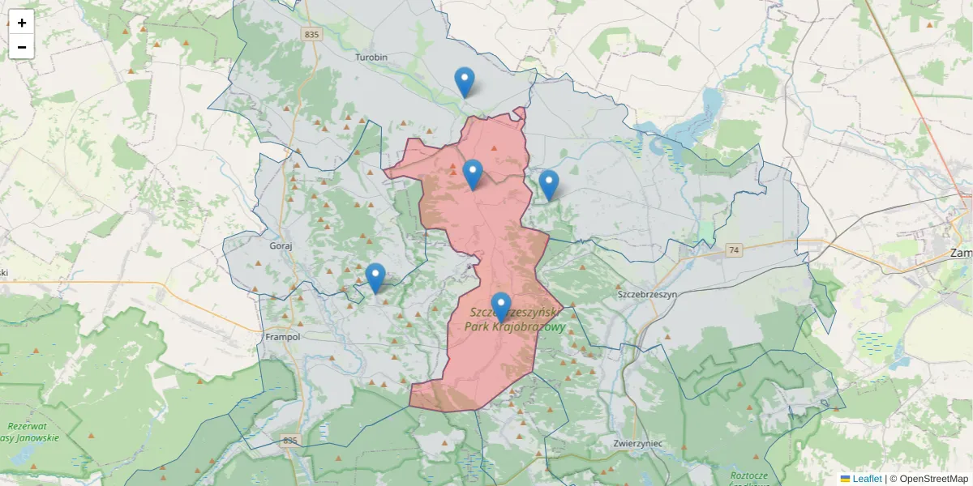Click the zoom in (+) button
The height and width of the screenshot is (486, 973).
click(x=22, y=23)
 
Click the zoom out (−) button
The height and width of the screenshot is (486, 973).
click(x=22, y=47)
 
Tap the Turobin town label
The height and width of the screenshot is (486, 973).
click(x=372, y=58)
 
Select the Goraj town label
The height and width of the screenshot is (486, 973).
click(x=280, y=244)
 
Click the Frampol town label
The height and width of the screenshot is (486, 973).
click(x=283, y=336)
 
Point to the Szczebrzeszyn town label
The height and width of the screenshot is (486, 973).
click(x=646, y=295)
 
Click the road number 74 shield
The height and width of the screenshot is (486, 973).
click(x=734, y=249)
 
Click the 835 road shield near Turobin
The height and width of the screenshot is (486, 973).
click(x=311, y=35)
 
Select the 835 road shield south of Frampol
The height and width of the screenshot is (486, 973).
click(x=290, y=441)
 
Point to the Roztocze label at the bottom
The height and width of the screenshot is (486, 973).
click(x=748, y=475)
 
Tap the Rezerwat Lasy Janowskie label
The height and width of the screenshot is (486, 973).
click(x=31, y=432)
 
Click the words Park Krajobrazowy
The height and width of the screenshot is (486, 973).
click(x=515, y=326)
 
